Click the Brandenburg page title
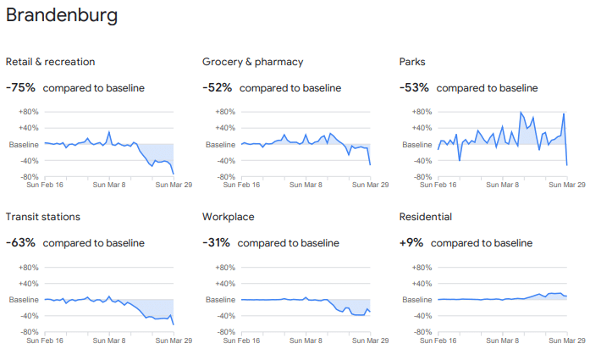[x=62, y=15]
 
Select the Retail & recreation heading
[x=50, y=62]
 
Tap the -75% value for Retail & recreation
[x=20, y=87]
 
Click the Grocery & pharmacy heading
[x=252, y=62]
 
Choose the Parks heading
[x=412, y=62]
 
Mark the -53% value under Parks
[x=414, y=87]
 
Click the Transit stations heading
[x=43, y=217]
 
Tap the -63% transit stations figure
[x=20, y=242]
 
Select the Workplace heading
[x=228, y=217]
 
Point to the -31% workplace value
[x=217, y=242]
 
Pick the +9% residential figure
[x=411, y=242]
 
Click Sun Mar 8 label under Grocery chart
[x=306, y=186]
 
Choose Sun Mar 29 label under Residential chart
[x=566, y=341]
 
